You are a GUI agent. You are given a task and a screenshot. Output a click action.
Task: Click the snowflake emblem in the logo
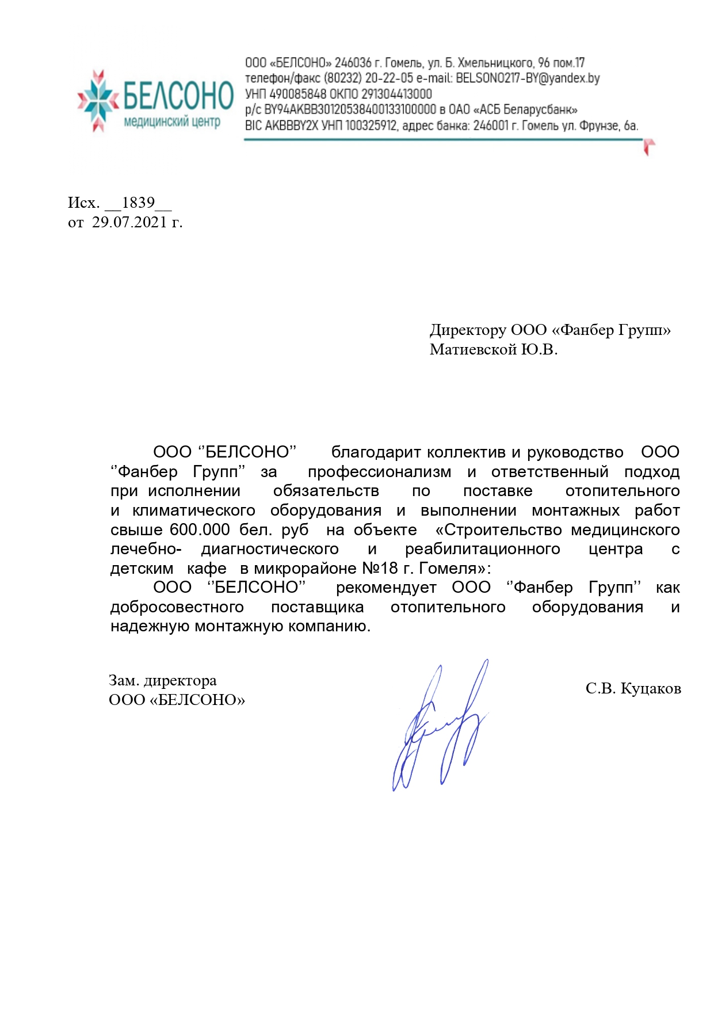point(99,100)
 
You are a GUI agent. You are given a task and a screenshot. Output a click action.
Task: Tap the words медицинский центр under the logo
point(172,122)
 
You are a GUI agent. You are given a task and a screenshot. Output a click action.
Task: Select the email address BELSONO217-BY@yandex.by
point(528,78)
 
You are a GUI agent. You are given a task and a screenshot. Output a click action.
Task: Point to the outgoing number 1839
point(138,203)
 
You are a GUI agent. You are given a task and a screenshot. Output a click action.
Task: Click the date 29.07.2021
point(129,222)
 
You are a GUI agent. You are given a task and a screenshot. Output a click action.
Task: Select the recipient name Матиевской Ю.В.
point(493,349)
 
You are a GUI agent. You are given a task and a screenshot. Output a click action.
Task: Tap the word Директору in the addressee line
point(467,330)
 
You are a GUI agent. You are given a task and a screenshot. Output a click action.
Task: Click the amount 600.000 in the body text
point(200,529)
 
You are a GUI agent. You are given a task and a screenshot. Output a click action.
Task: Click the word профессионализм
point(379,472)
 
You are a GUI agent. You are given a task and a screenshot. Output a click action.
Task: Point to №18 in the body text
point(380,569)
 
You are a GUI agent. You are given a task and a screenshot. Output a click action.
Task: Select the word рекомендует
point(386,588)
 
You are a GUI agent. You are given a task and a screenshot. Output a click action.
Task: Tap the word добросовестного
point(177,607)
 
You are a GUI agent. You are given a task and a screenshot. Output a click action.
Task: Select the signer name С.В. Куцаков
point(633,688)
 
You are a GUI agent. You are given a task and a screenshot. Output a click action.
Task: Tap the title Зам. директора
point(163,680)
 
